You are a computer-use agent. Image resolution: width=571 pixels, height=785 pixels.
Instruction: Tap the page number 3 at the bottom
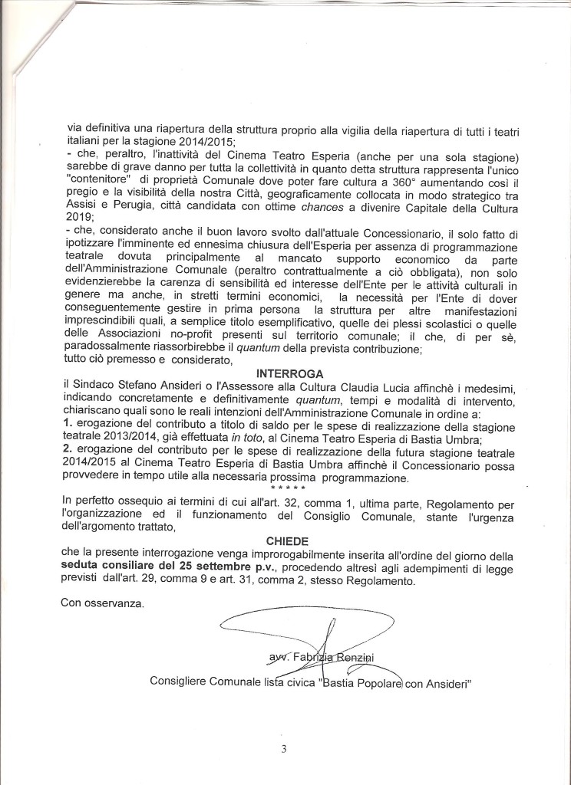tap(285, 749)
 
